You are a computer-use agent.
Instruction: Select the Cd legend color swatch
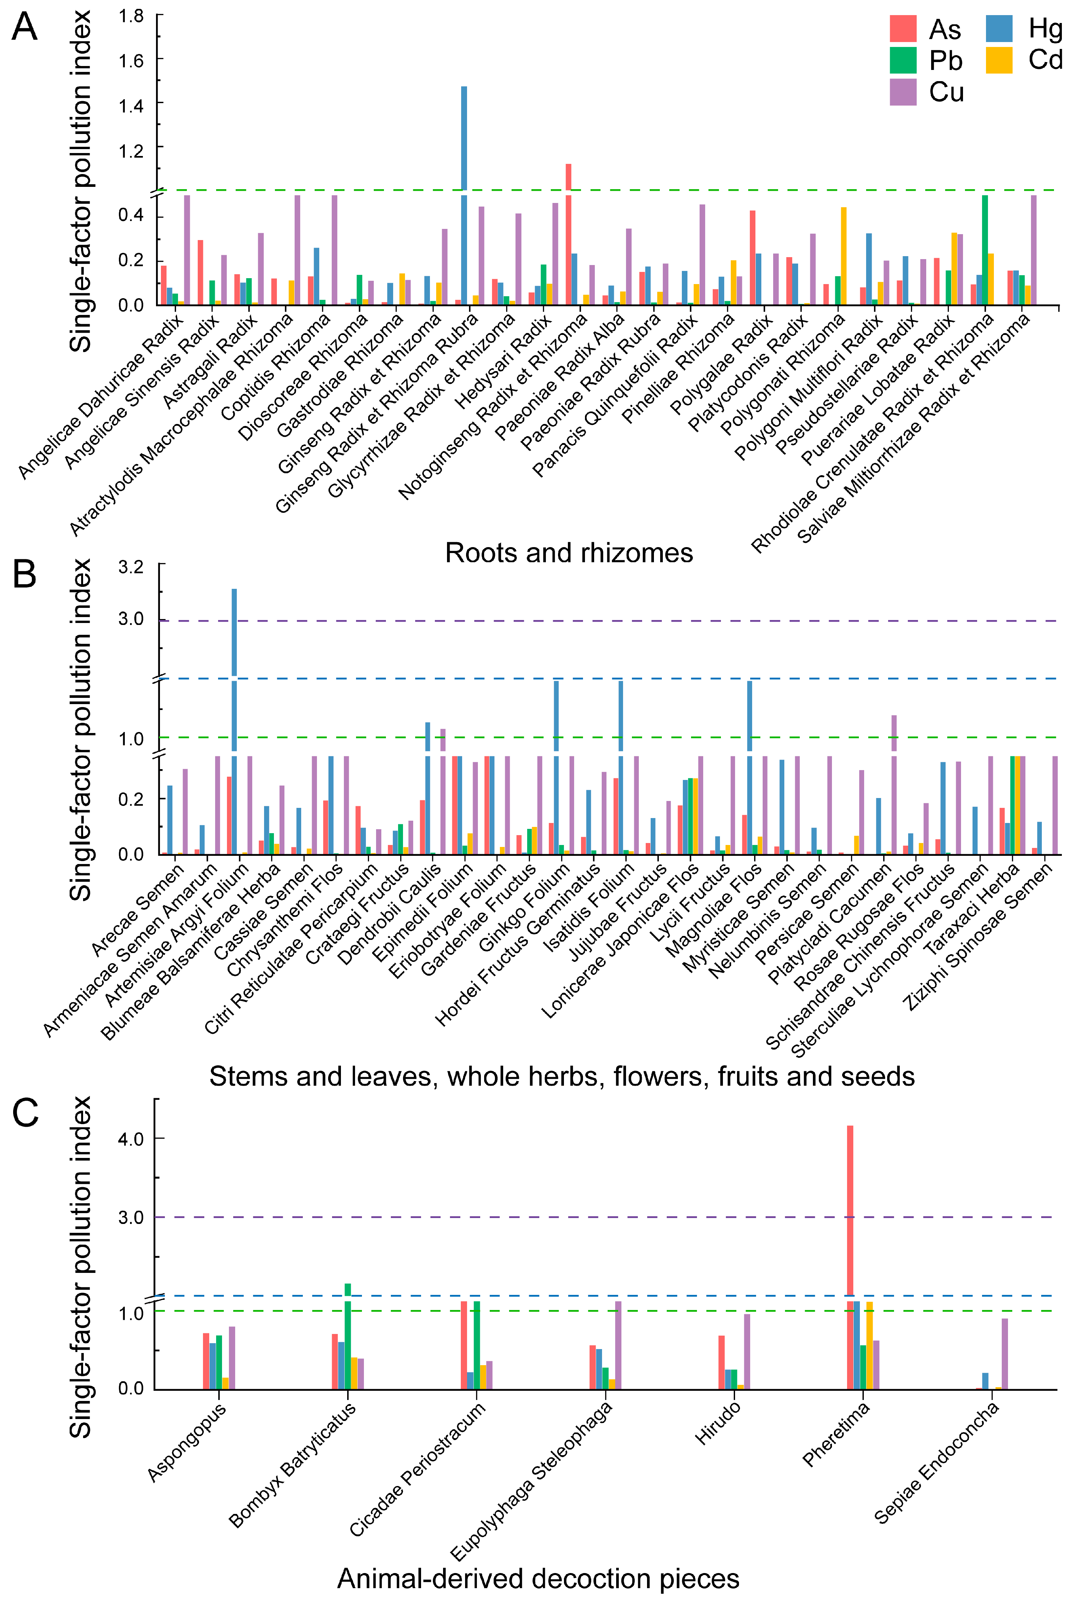999,60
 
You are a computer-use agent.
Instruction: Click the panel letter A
25,28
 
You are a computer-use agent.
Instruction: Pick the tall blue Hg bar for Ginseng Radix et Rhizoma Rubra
464,137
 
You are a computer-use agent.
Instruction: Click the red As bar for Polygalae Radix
752,257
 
